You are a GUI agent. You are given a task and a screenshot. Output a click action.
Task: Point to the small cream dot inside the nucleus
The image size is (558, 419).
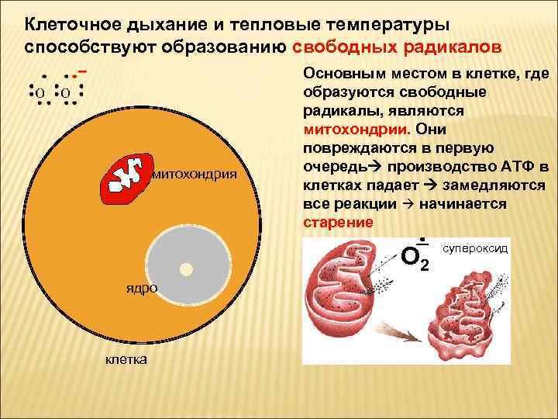pos(185,269)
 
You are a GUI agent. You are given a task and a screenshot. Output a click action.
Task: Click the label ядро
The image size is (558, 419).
pos(142,289)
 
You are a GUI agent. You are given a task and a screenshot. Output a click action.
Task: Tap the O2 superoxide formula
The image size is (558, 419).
pos(417,255)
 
